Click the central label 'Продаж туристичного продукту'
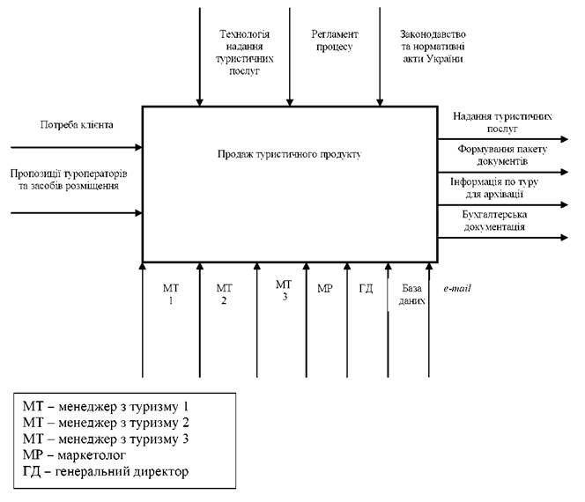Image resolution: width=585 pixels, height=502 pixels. click(290, 154)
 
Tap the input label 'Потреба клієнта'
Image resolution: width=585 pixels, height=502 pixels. click(77, 124)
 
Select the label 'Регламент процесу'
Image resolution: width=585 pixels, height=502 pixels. click(335, 41)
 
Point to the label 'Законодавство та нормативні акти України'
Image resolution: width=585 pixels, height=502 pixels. click(433, 47)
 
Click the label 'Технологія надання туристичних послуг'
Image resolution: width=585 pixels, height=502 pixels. click(244, 53)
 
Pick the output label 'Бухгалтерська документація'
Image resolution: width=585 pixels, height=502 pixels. click(494, 220)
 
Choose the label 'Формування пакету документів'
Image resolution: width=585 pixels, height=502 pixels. click(502, 155)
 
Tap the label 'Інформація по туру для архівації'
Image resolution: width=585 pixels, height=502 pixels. click(494, 188)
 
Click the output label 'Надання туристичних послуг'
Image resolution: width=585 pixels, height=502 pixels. click(502, 122)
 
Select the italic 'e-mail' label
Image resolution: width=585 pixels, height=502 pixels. click(457, 288)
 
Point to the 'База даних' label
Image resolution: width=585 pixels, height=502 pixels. click(411, 294)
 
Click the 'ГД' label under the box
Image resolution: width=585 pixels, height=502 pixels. click(366, 288)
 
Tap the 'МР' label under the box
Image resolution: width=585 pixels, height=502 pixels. click(324, 288)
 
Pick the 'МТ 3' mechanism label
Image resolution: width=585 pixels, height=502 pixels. click(284, 291)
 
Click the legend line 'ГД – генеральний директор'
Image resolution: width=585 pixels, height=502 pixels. click(106, 471)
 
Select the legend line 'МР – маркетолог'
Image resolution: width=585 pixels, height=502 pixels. click(74, 455)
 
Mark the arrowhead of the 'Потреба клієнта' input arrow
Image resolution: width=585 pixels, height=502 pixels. click(139, 147)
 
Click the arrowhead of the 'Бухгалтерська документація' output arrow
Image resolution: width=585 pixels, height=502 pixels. click(564, 238)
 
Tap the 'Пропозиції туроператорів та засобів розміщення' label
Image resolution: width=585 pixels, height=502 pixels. click(69, 180)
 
